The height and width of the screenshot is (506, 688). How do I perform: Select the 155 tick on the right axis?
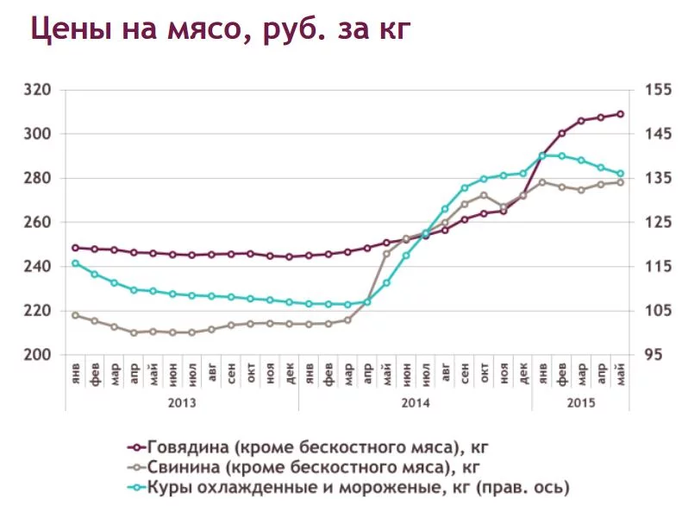coord(653,90)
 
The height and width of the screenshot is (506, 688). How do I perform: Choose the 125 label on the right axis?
coord(653,222)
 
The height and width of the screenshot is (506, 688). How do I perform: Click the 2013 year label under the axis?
coord(181,402)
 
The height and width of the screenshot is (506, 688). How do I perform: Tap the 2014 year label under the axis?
coord(415,402)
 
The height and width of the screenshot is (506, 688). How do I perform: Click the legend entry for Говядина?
coord(310,447)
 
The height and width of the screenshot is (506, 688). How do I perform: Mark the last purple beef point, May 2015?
coord(620,114)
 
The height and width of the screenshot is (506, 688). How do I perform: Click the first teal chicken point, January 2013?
coord(75,263)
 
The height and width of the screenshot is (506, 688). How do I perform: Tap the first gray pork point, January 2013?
coord(75,315)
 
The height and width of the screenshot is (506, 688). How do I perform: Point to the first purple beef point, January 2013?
coord(75,248)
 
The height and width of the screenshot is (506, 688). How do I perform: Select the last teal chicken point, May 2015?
coord(620,174)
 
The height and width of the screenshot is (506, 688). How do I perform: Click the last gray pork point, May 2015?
coord(620,182)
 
